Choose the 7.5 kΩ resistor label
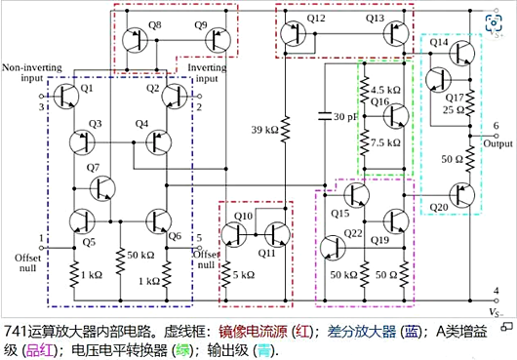pos(386,142)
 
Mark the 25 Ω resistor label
pos(455,110)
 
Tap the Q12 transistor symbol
pos(294,35)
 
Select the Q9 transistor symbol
pos(216,39)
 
